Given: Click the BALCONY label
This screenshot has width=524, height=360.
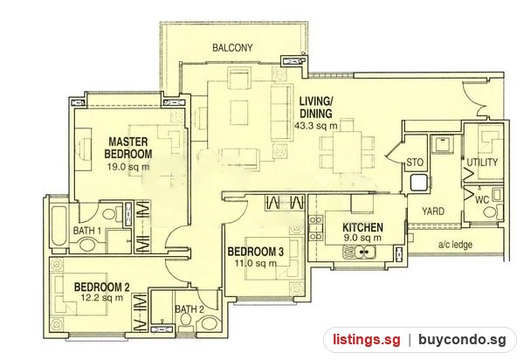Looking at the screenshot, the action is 232,48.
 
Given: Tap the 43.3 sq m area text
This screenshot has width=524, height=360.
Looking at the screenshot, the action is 316,126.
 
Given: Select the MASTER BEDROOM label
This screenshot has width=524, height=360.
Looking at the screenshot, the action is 128,148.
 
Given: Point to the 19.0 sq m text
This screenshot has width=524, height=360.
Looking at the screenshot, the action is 128,167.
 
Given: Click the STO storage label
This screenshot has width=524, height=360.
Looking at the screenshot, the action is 415,163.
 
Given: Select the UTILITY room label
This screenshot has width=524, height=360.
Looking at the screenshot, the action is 482,163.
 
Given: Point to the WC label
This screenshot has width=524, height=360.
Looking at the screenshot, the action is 481,200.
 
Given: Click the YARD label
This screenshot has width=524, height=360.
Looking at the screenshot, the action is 433,211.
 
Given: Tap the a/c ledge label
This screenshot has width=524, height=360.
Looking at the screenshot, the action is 455,245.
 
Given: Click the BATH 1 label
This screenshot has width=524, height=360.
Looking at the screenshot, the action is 87,231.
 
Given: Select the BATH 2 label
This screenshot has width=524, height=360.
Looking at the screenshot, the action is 190,309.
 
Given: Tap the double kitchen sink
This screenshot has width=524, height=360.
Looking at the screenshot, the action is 359,253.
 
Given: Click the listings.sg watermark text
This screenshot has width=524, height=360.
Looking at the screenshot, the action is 367,340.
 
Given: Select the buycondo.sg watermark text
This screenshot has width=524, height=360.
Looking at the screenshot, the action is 463,340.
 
